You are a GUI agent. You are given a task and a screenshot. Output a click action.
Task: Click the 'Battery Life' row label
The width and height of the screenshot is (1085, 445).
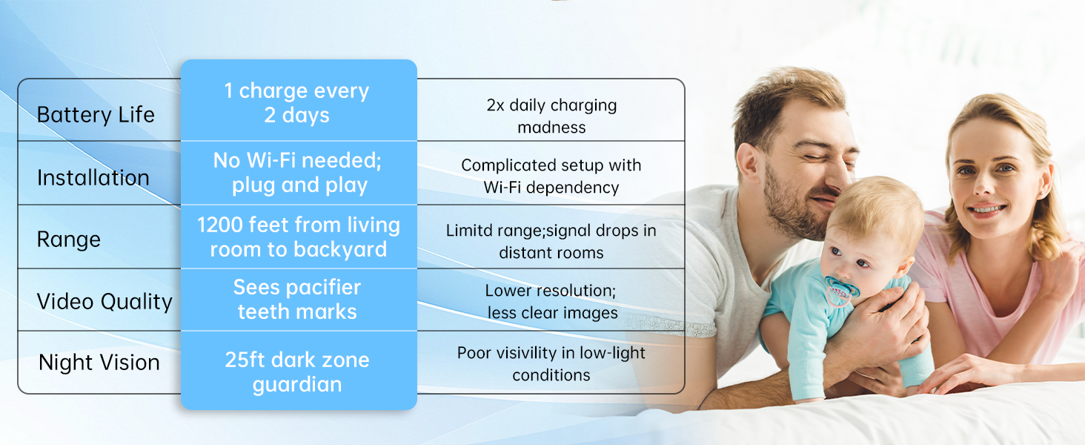[96, 115]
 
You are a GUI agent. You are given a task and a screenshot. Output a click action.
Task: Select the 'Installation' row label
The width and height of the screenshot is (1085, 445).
[93, 177]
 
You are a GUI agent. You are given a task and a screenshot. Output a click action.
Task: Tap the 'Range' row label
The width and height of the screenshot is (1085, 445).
[69, 240]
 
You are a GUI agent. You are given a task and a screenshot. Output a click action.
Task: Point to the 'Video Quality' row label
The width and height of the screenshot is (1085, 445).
[104, 302]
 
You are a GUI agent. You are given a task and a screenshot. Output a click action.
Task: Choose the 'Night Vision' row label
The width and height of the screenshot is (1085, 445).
[99, 363]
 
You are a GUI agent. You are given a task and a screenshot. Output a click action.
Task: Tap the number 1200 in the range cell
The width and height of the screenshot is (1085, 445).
[220, 225]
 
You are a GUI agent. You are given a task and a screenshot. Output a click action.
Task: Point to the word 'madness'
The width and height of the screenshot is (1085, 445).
[551, 128]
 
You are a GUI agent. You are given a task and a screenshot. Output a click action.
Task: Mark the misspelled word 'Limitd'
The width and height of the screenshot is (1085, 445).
[469, 230]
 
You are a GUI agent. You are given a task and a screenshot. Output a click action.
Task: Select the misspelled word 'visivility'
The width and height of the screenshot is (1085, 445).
[520, 353]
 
